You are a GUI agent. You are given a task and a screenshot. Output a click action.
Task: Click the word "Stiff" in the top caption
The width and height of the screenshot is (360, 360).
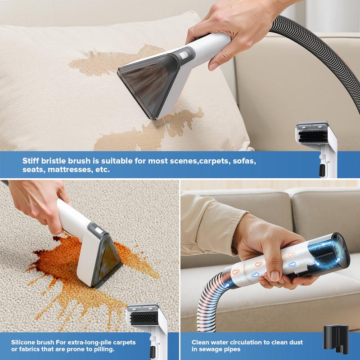tap(31, 161)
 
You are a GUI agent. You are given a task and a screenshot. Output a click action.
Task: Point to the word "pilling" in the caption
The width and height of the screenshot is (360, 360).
tap(104, 349)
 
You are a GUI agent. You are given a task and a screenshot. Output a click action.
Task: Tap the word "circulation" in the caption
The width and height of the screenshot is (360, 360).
tap(246, 342)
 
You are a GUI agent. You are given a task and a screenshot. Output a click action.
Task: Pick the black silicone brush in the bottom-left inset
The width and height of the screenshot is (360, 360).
tap(144, 318)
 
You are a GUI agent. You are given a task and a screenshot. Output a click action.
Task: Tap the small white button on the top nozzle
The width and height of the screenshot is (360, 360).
tap(183, 55)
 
